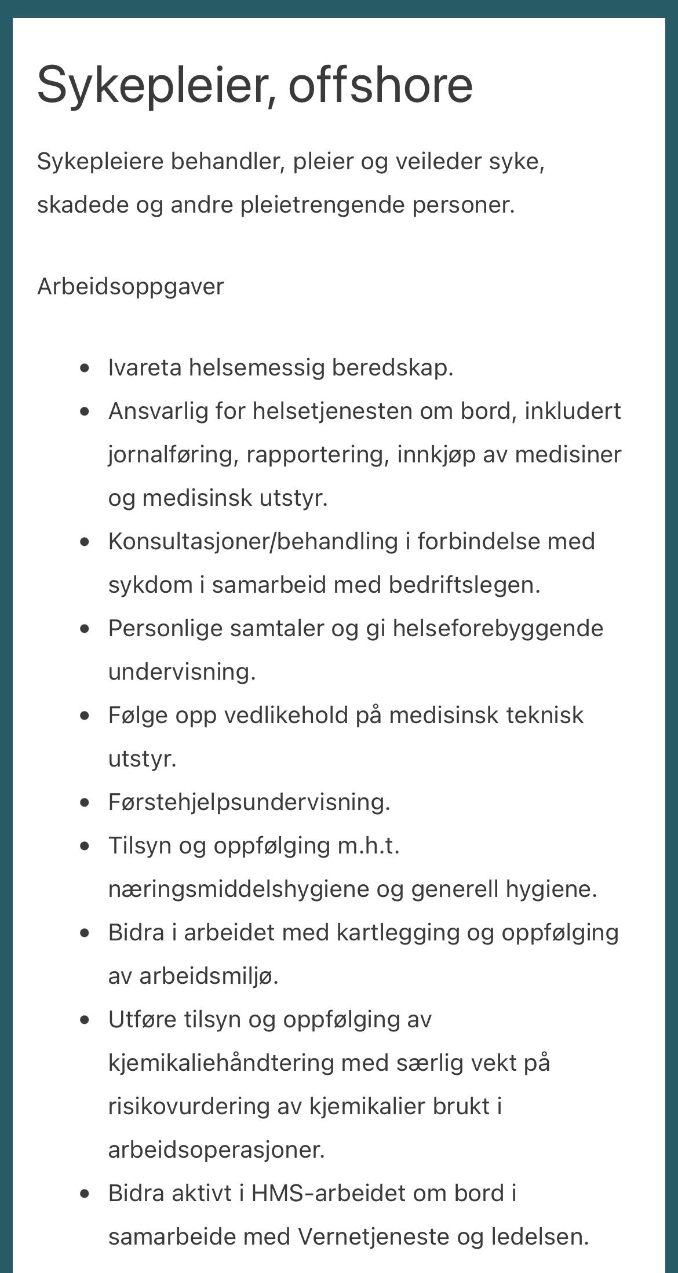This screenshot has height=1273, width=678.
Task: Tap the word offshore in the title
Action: click(x=380, y=85)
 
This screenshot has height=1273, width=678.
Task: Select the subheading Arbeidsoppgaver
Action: click(x=130, y=287)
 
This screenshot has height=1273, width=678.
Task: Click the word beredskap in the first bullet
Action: click(x=392, y=367)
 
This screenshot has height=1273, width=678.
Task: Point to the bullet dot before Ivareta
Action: click(x=86, y=367)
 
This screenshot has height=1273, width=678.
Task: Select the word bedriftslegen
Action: click(x=464, y=585)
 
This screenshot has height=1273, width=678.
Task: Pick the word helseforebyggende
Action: click(x=498, y=629)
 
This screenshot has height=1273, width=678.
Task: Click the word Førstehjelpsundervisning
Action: click(x=249, y=803)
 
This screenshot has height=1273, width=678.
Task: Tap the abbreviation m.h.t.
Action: click(x=369, y=845)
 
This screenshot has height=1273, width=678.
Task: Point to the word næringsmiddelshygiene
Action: click(x=238, y=889)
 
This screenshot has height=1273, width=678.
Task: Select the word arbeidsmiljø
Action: click(x=209, y=976)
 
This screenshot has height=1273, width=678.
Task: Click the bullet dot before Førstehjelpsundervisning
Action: click(x=86, y=803)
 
